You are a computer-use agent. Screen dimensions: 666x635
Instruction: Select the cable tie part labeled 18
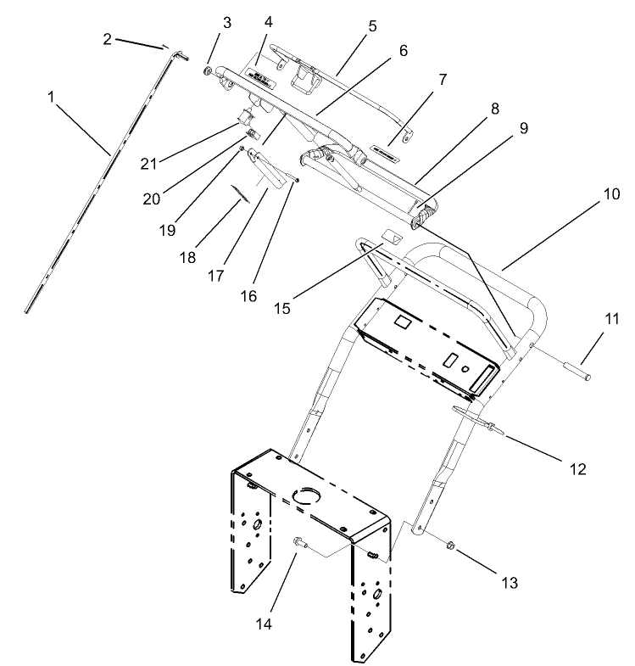coord(242,194)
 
